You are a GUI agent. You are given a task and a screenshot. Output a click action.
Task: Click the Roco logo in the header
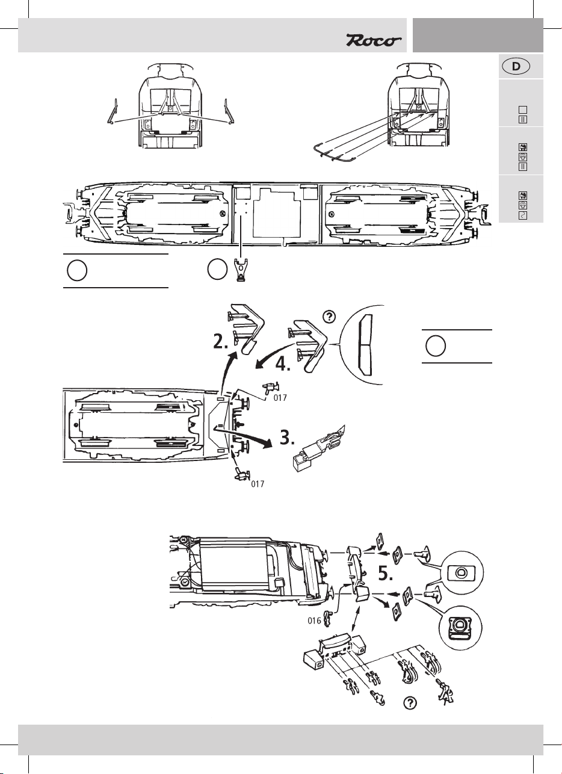[x=373, y=41]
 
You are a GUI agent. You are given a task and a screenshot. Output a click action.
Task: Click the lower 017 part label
[x=258, y=483]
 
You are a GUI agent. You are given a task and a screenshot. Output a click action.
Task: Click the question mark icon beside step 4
[x=329, y=316]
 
